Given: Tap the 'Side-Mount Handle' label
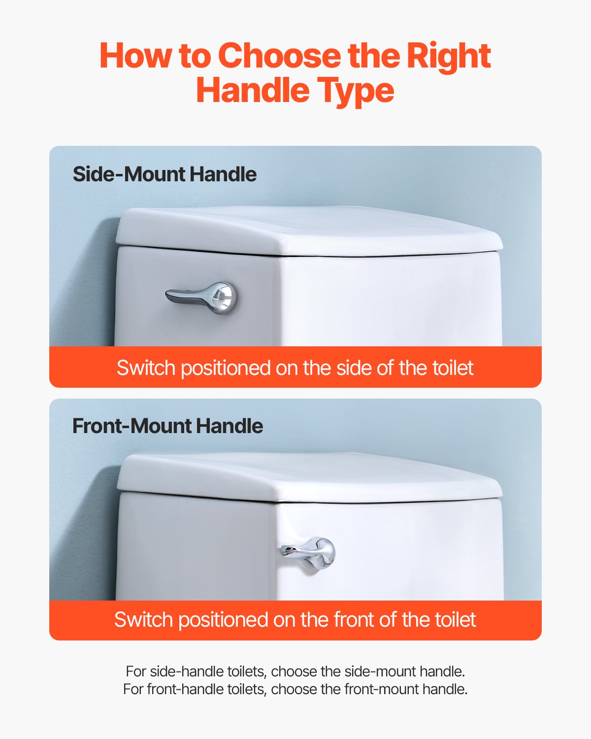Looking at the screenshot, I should (164, 174).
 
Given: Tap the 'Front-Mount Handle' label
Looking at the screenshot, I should (167, 426).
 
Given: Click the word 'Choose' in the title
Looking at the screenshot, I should (279, 56).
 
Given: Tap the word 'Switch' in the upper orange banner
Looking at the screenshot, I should (146, 368).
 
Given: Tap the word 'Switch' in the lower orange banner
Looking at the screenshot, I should (143, 620).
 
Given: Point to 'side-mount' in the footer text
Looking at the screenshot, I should (378, 672).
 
